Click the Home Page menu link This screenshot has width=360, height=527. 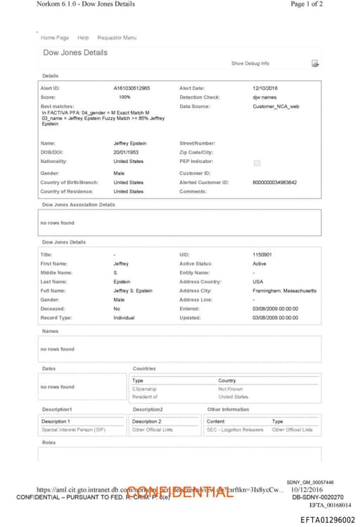pos(55,37)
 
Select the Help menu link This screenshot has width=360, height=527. pos(83,37)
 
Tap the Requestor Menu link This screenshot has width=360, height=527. pos(117,37)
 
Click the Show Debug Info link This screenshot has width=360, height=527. pos(250,63)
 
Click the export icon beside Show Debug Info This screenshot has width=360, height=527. pos(316,64)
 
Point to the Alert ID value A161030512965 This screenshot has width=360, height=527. pos(131,88)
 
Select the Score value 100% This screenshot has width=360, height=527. pos(124,97)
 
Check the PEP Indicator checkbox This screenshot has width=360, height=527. pos(257,163)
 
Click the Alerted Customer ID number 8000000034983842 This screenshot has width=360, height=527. pos(274,182)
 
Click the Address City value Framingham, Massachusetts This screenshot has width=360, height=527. pos(284,290)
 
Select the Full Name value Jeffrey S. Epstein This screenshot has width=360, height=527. pos(133,290)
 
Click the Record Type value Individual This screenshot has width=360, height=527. pos(124,318)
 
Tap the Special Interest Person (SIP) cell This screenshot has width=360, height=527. pos(73,429)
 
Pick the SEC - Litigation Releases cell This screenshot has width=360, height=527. pos(235,429)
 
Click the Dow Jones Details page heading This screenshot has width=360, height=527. pos(76,53)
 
